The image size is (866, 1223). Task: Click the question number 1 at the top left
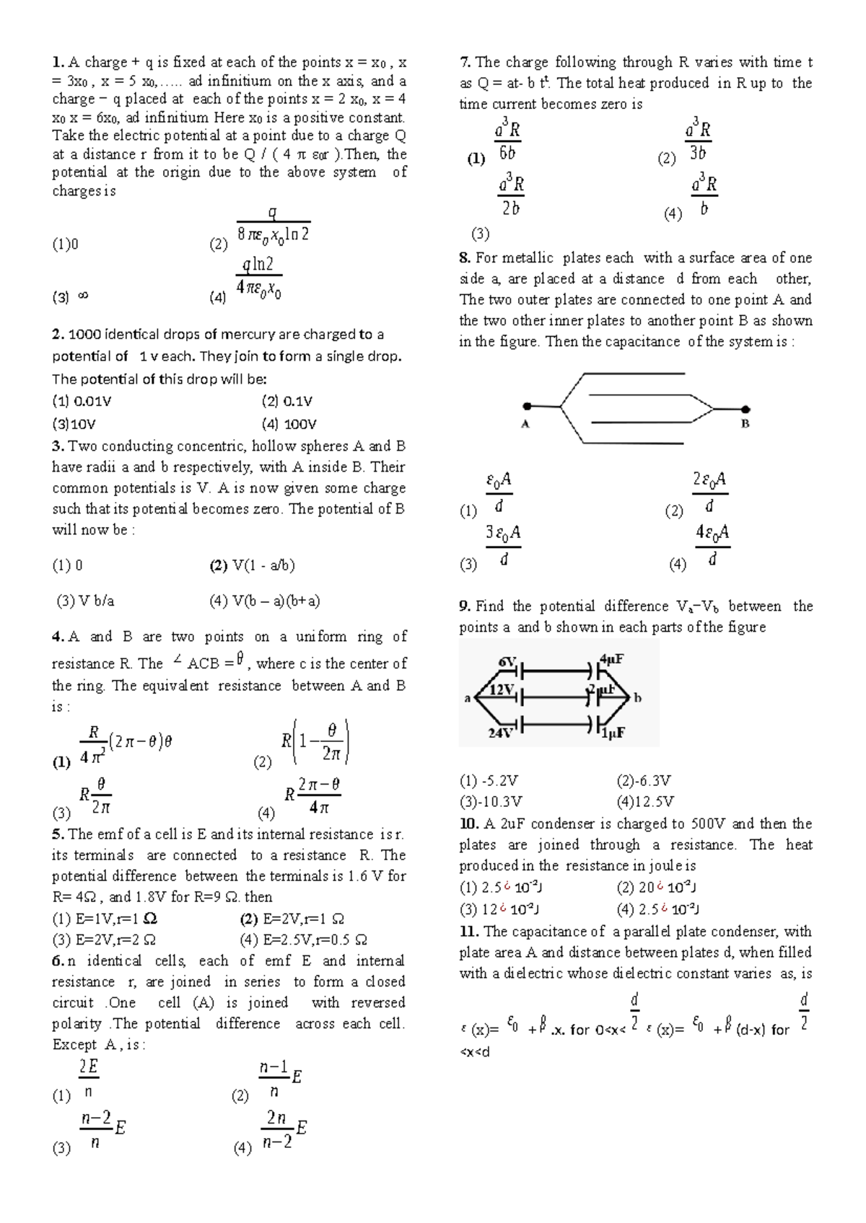click(58, 62)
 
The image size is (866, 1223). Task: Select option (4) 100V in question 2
click(289, 424)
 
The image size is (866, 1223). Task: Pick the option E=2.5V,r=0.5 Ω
click(303, 940)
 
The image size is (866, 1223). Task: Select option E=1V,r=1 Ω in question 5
click(105, 919)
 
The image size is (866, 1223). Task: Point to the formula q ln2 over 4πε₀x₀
click(258, 277)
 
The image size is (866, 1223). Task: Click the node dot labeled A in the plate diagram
click(528, 407)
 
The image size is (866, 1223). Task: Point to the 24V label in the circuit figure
click(500, 733)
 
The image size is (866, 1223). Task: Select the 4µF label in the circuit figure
click(612, 658)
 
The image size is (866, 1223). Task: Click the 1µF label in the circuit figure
click(613, 733)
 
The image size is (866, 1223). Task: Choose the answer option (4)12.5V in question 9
click(645, 801)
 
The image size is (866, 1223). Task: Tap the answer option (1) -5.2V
click(489, 780)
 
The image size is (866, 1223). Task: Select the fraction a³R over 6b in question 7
click(507, 141)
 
